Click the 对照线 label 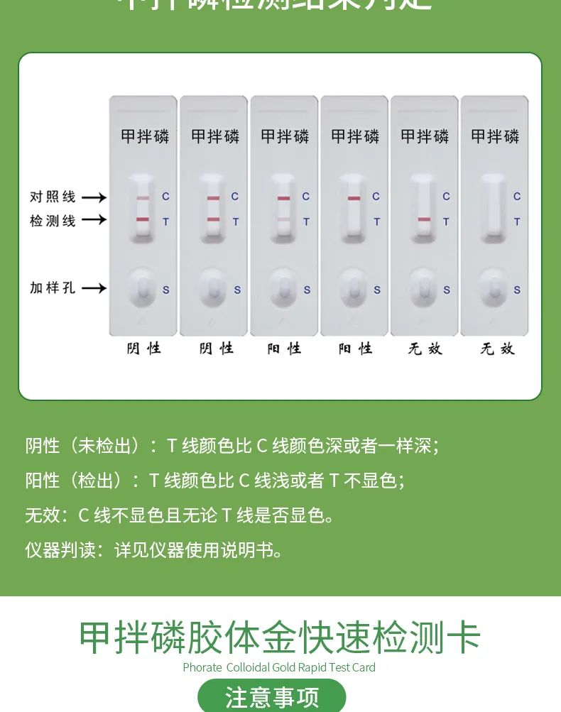tap(52, 197)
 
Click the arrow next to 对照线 tap(94, 197)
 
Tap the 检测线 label tap(52, 220)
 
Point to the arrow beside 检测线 tap(94, 220)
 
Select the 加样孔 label tap(52, 287)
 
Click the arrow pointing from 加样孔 tap(94, 288)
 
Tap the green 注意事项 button tap(271, 696)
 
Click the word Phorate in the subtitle tap(202, 667)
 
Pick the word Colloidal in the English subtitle tap(248, 667)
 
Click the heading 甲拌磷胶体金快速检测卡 tap(280, 637)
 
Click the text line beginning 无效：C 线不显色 tap(179, 515)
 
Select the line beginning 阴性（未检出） tap(232, 446)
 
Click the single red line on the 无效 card tap(424, 220)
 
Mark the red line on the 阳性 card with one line tap(354, 198)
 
